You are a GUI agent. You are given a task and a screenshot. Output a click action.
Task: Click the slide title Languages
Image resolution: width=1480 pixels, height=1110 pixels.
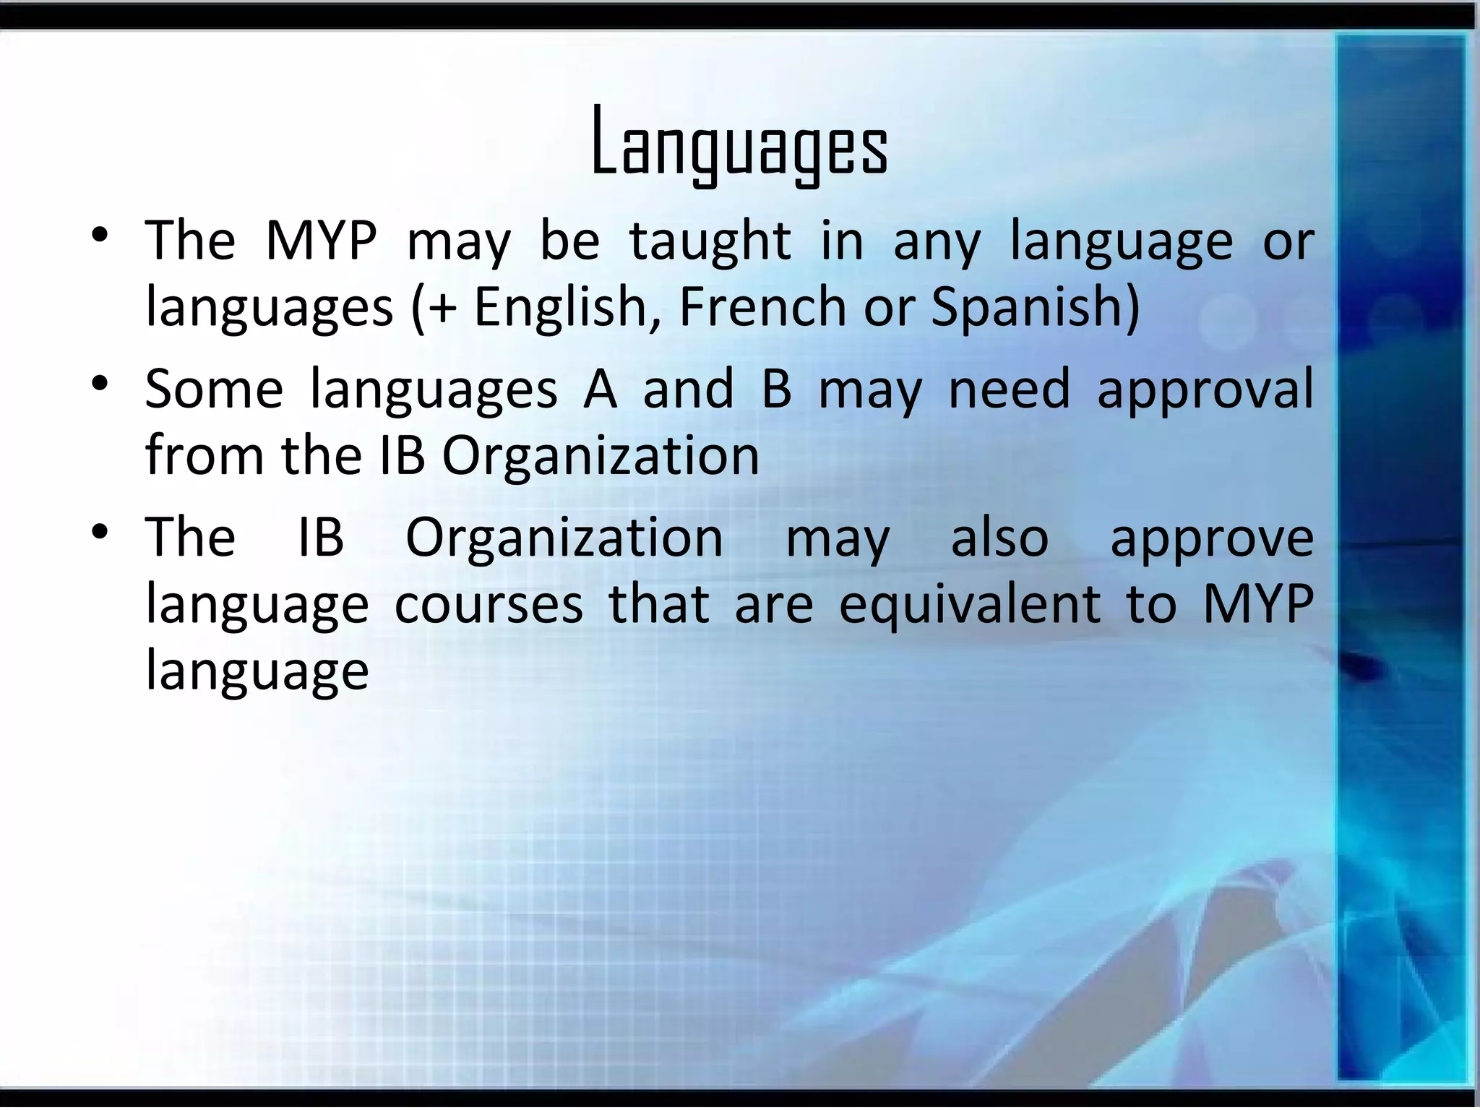pos(739,142)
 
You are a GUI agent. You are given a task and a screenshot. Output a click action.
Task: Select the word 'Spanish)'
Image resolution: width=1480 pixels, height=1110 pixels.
pos(1035,307)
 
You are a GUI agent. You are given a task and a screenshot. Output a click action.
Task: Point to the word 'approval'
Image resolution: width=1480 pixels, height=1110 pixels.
pos(1205,390)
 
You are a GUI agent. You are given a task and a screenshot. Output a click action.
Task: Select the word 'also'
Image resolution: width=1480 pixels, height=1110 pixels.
pos(999,538)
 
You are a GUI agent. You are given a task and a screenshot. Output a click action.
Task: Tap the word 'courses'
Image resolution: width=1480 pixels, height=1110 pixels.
pos(489,606)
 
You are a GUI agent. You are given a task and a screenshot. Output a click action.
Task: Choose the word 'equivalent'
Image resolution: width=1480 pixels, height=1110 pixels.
pos(970,606)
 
